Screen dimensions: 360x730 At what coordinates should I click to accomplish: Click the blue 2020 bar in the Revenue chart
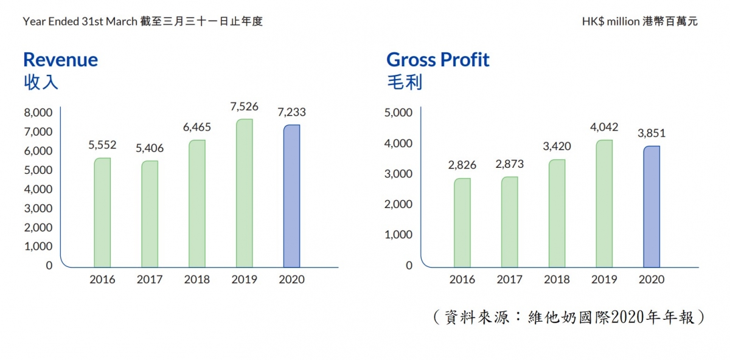(291, 195)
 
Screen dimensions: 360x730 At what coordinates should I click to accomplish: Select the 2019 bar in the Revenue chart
(245, 193)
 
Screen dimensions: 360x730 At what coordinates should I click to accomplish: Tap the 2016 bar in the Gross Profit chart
(462, 222)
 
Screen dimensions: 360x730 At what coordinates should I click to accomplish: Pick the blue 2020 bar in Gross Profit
(652, 206)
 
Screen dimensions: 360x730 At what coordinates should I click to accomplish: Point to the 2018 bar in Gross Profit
(557, 213)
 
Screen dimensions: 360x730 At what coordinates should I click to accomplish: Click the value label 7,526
(245, 107)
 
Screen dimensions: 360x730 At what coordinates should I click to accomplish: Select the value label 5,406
(150, 148)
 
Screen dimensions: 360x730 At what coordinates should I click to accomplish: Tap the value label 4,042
(604, 128)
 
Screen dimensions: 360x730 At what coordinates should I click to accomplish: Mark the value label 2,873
(509, 164)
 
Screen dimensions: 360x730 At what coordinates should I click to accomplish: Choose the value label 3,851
(652, 134)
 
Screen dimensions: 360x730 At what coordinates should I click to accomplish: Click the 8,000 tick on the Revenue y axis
(38, 112)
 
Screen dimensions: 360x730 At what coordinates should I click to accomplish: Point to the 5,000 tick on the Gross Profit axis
(399, 112)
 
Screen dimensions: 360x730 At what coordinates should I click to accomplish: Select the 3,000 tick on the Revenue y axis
(38, 208)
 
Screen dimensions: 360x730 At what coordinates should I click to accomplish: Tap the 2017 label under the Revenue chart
(150, 280)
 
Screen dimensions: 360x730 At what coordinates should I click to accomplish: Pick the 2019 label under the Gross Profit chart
(604, 280)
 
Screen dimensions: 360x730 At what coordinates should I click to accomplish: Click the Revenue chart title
(60, 60)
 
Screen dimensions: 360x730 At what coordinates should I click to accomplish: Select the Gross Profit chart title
(438, 60)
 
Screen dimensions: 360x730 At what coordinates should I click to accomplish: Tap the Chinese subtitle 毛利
(404, 82)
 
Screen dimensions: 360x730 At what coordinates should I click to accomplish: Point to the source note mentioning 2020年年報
(568, 317)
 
